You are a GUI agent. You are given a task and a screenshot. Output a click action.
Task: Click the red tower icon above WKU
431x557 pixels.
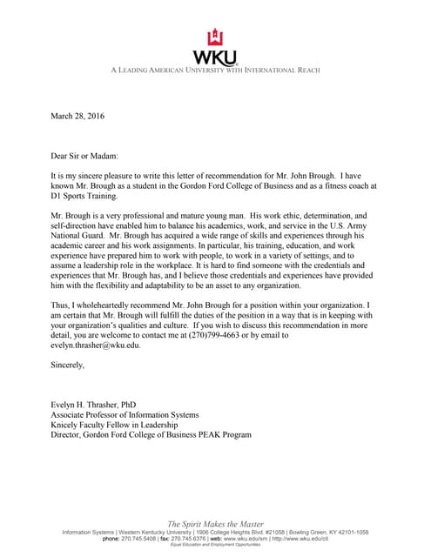(214, 37)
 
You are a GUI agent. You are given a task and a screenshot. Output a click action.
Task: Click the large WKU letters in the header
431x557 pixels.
(214, 56)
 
